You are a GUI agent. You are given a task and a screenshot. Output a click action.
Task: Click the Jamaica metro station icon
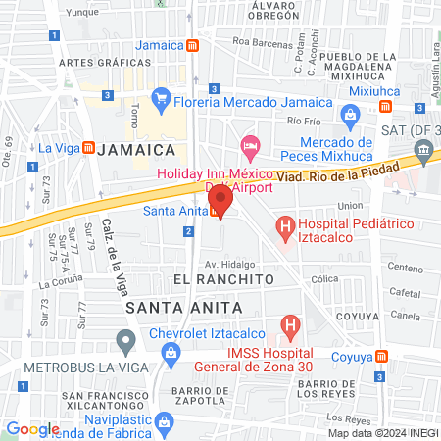coord(194,45)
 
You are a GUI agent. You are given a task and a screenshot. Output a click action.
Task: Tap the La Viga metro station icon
coord(88,148)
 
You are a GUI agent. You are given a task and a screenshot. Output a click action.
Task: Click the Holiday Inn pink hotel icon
coord(249,145)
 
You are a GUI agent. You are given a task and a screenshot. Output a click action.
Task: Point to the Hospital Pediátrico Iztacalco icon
coord(285,230)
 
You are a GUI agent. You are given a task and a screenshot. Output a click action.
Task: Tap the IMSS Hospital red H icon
coord(290,323)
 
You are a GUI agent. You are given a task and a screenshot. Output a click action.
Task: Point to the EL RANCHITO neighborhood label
coord(222,279)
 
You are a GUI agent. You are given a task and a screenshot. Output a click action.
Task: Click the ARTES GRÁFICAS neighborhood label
coord(105,62)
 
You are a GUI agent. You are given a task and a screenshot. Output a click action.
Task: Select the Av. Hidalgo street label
coord(229,264)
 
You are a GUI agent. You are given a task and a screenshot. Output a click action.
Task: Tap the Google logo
coord(32,428)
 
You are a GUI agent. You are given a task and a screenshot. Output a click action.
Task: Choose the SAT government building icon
coord(423,149)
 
